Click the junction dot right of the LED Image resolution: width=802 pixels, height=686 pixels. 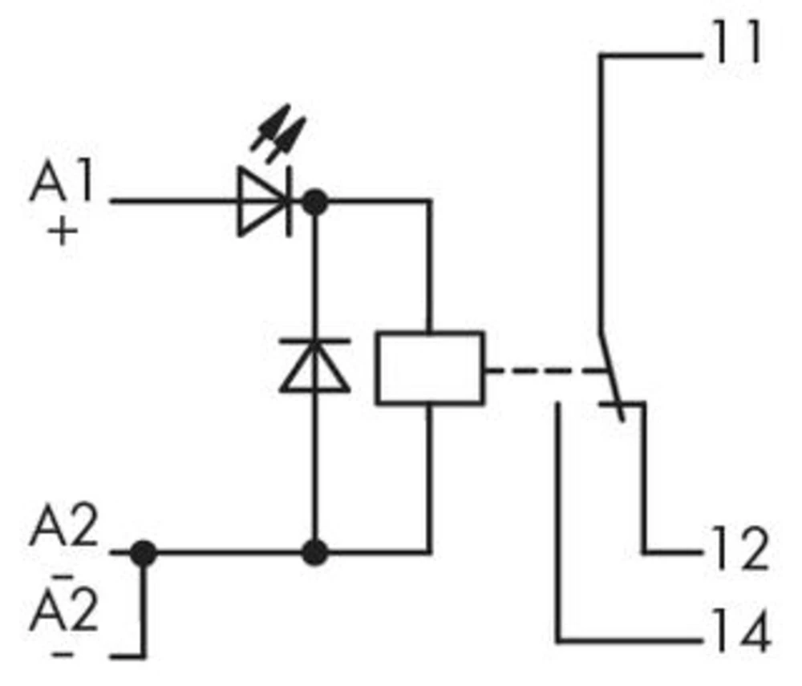pos(316,201)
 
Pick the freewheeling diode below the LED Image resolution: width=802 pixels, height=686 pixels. pos(314,365)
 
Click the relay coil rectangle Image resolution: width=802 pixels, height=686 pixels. pos(430,368)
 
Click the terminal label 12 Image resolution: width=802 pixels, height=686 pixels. pos(736,551)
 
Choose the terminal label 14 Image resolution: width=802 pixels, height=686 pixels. pos(736,632)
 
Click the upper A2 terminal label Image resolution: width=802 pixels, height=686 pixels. pos(64,529)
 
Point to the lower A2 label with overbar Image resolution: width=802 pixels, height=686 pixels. pos(64,608)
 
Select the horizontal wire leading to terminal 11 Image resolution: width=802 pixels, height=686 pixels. pos(650,55)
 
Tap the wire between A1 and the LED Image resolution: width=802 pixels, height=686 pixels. pos(172,201)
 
